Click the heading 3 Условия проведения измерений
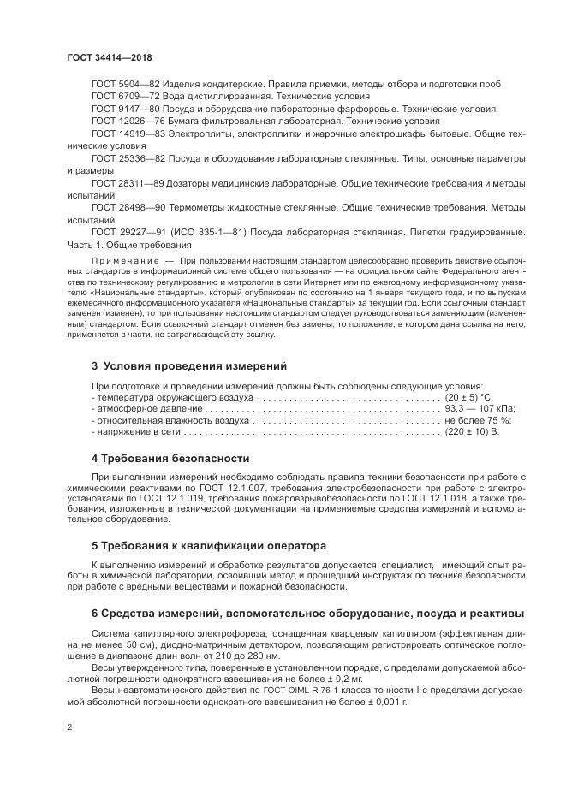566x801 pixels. [182, 365]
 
